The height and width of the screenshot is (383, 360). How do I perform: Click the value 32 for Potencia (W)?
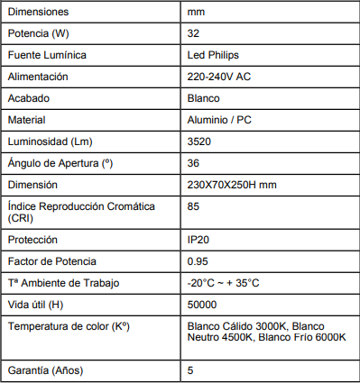click(193, 34)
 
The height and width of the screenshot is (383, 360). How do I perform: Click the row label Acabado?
click(28, 98)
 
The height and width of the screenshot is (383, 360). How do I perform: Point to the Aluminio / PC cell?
click(219, 120)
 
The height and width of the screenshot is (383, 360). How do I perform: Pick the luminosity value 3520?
click(199, 141)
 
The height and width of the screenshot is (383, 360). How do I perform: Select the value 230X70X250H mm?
click(231, 185)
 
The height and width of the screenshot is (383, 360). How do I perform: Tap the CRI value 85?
click(193, 206)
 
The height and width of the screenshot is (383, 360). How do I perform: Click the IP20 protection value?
click(198, 240)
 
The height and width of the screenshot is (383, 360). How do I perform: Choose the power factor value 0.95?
click(198, 261)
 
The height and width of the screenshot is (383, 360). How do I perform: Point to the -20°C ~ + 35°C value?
click(224, 283)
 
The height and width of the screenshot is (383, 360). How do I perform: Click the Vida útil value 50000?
click(202, 305)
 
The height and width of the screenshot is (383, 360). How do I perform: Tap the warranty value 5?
click(190, 370)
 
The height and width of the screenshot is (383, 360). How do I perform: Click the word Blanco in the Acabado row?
click(204, 98)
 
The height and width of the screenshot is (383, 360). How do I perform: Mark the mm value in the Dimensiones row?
click(196, 13)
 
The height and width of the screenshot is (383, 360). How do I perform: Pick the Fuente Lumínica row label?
click(47, 56)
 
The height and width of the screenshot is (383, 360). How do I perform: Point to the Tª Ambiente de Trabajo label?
click(63, 283)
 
